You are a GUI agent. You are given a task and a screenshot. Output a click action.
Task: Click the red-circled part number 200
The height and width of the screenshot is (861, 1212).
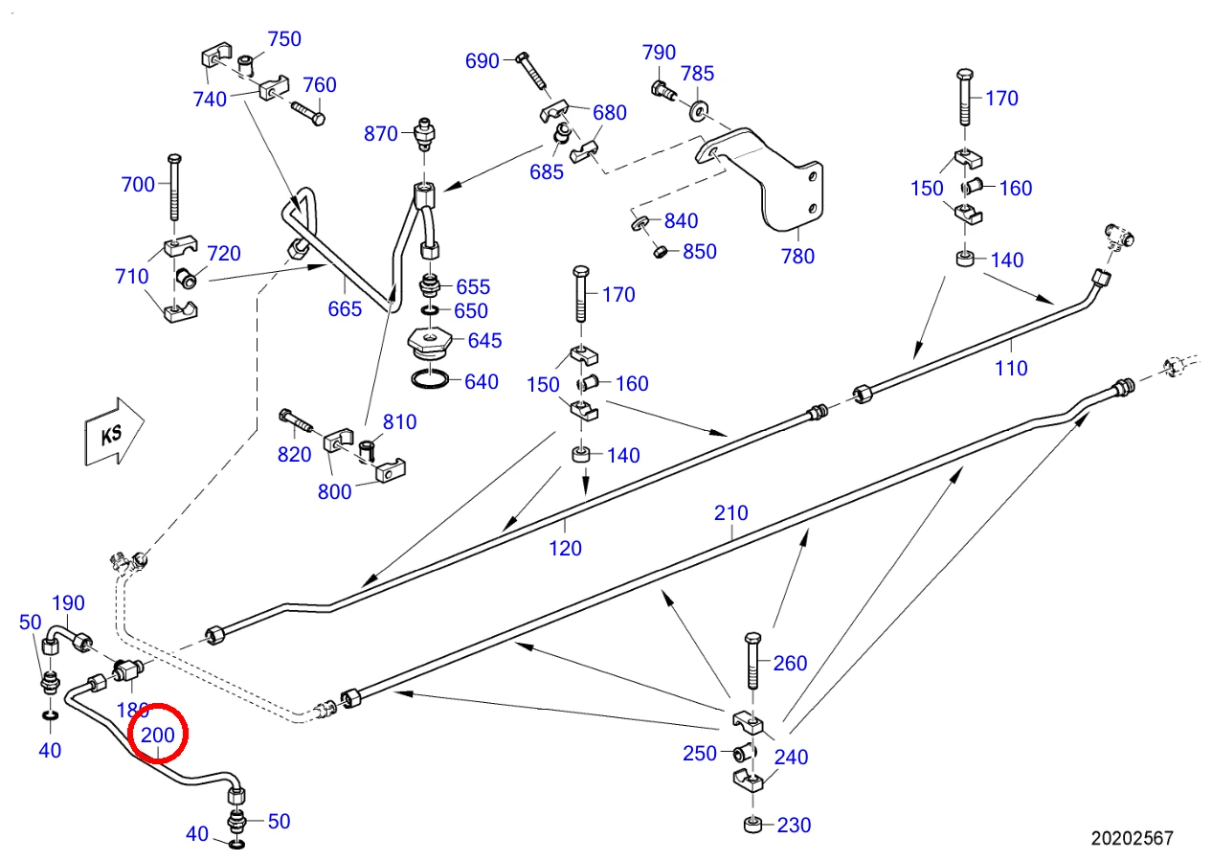pyautogui.click(x=157, y=735)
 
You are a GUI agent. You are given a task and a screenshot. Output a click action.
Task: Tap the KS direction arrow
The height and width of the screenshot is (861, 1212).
pyautogui.click(x=114, y=433)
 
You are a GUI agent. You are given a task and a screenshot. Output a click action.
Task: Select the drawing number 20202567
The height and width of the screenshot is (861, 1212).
pyautogui.click(x=1132, y=838)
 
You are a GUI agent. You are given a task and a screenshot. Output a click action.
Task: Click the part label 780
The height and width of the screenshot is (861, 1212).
pyautogui.click(x=797, y=256)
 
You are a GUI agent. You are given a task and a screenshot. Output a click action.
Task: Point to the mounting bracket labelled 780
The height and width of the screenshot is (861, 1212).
pyautogui.click(x=769, y=178)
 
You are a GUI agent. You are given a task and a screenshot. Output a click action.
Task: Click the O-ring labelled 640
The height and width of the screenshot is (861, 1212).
pyautogui.click(x=430, y=379)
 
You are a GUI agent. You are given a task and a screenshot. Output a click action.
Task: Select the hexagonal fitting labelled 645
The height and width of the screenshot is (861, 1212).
pyautogui.click(x=429, y=344)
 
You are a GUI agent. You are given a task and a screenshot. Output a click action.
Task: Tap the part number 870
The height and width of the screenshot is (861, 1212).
pyautogui.click(x=380, y=134)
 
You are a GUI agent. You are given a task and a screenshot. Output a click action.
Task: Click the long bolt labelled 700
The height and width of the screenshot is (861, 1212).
pyautogui.click(x=174, y=188)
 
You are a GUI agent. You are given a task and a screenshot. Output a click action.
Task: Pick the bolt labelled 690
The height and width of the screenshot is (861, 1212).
pyautogui.click(x=532, y=72)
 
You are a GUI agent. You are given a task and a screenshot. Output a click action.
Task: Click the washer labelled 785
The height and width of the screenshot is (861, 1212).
pyautogui.click(x=699, y=111)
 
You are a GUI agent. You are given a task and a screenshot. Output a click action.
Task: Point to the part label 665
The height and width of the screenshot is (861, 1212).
pyautogui.click(x=345, y=309)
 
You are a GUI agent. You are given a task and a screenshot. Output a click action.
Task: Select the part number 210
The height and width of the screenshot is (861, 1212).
pyautogui.click(x=731, y=512)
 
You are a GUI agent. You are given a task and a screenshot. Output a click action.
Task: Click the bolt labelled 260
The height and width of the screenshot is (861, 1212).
pyautogui.click(x=752, y=660)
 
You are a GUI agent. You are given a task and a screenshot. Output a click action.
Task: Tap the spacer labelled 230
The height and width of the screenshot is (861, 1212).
pyautogui.click(x=753, y=825)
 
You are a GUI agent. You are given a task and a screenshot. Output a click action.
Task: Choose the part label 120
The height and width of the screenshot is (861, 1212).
pyautogui.click(x=566, y=548)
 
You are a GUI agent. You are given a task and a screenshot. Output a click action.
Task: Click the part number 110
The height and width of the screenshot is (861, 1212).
pyautogui.click(x=1011, y=368)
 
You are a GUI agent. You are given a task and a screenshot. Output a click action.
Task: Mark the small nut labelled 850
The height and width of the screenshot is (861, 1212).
pyautogui.click(x=660, y=252)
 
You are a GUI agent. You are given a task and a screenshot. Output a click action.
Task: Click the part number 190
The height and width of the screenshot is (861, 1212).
pyautogui.click(x=68, y=602)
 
